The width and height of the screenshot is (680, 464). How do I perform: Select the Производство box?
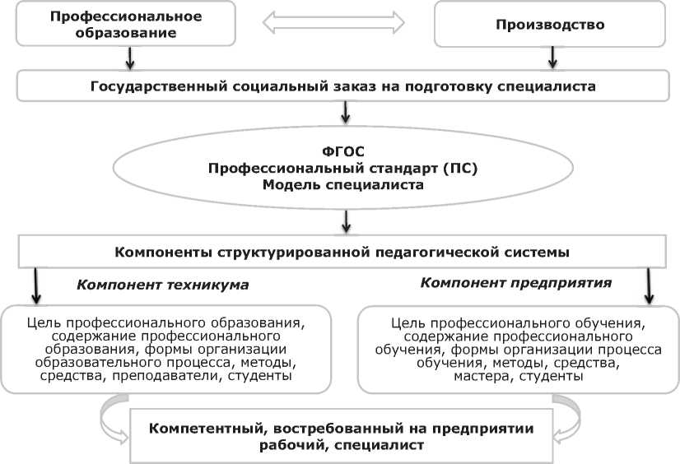550,25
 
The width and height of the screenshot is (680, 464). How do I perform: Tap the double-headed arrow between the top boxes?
333,23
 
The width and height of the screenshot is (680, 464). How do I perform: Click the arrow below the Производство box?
553,57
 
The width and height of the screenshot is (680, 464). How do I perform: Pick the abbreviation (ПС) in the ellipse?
460,169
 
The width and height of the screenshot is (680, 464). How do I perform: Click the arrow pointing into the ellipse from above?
347,109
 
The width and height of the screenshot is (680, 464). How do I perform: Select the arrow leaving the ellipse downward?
347,220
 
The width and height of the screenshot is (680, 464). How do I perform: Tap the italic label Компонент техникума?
162,285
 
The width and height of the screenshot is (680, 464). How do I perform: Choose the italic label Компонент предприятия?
515,282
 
